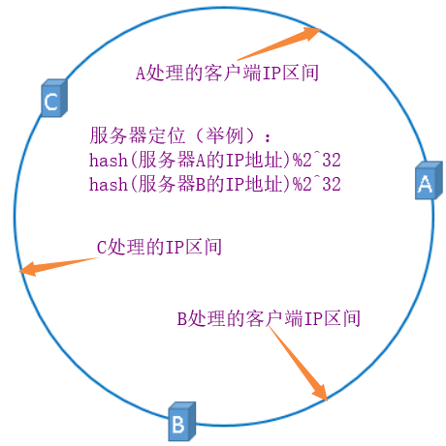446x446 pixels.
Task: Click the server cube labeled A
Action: coord(429,181)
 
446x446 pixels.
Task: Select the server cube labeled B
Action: coord(182,421)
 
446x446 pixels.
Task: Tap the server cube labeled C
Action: coord(54,98)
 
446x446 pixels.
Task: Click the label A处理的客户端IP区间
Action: coord(227,73)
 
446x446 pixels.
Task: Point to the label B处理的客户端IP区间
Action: coord(269,318)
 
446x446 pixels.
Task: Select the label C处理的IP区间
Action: coord(159,247)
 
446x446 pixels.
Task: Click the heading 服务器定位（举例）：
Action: coord(180,135)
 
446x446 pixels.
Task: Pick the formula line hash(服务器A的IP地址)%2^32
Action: coord(215,160)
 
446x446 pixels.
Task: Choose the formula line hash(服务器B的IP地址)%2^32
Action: coord(215,184)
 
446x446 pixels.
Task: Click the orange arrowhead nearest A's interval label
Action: coord(311,33)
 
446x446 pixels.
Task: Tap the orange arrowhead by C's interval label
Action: coord(28,269)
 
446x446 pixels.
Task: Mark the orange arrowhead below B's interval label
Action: coord(320,393)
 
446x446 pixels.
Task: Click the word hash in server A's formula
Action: coord(109,160)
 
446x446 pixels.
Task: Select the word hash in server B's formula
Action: coord(109,185)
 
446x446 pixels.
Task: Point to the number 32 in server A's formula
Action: coord(332,160)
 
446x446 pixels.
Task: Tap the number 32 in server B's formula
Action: coord(332,185)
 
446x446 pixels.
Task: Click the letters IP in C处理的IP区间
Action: coord(175,248)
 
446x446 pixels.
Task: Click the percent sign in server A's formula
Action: coord(298,160)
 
